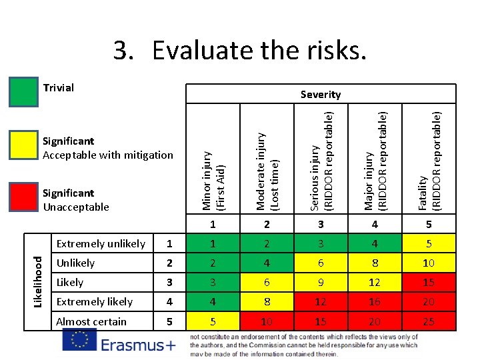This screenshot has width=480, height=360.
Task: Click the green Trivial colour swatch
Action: (x=23, y=92)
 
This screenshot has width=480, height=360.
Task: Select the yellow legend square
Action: (x=23, y=145)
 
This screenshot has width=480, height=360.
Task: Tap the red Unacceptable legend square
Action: (x=23, y=197)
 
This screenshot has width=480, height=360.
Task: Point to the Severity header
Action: (x=320, y=95)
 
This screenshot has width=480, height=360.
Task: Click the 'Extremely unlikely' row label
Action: (x=100, y=244)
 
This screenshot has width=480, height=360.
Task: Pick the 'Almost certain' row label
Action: (x=91, y=321)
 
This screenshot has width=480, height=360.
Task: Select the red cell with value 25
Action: (x=428, y=321)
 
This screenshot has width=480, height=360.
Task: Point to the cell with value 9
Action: (x=320, y=283)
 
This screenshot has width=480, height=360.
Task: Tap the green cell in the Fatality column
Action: (x=428, y=244)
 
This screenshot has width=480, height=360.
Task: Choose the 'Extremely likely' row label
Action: (x=94, y=302)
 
